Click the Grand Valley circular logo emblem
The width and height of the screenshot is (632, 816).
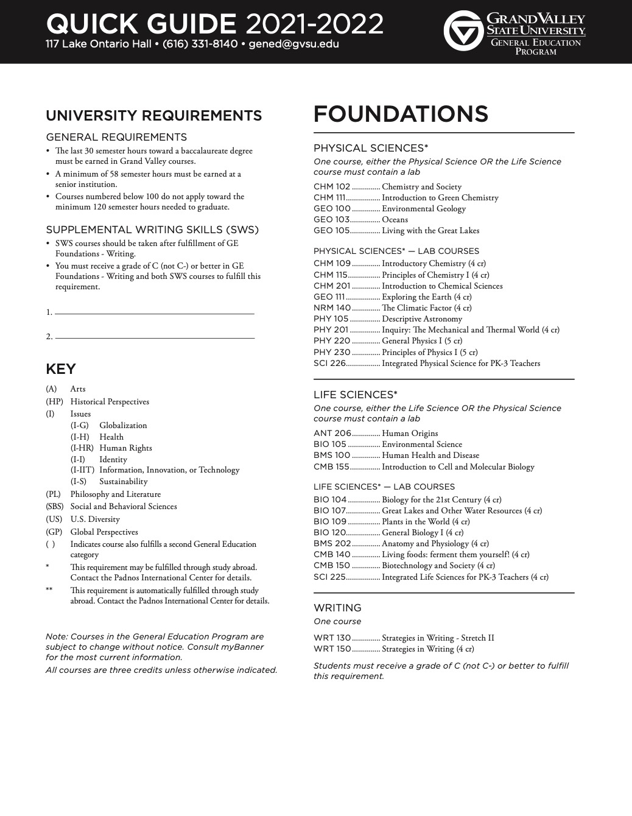tap(463, 31)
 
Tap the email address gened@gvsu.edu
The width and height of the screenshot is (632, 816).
tap(294, 44)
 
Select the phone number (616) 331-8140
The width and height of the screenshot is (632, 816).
tap(200, 44)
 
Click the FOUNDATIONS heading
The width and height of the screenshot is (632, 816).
tap(401, 114)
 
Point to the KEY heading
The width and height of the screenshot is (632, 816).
tap(61, 369)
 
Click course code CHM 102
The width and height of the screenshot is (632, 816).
tap(332, 187)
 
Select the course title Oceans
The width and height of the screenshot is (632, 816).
tap(395, 220)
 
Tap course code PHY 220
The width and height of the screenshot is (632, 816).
tap(332, 341)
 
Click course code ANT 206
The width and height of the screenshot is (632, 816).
tap(332, 434)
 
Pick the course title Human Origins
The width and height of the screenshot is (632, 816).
tap(410, 434)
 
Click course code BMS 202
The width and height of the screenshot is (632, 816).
tap(332, 544)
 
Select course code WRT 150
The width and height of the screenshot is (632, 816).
tap(332, 649)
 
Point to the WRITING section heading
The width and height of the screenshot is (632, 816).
tap(337, 608)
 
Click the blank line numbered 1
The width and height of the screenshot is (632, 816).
tap(154, 313)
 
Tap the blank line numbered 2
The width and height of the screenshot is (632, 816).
tap(154, 337)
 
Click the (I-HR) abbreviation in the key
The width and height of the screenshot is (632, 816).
tap(82, 448)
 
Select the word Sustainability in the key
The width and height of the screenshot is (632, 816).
tap(124, 482)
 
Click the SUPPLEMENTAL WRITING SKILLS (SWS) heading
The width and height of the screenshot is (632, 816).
tap(152, 230)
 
